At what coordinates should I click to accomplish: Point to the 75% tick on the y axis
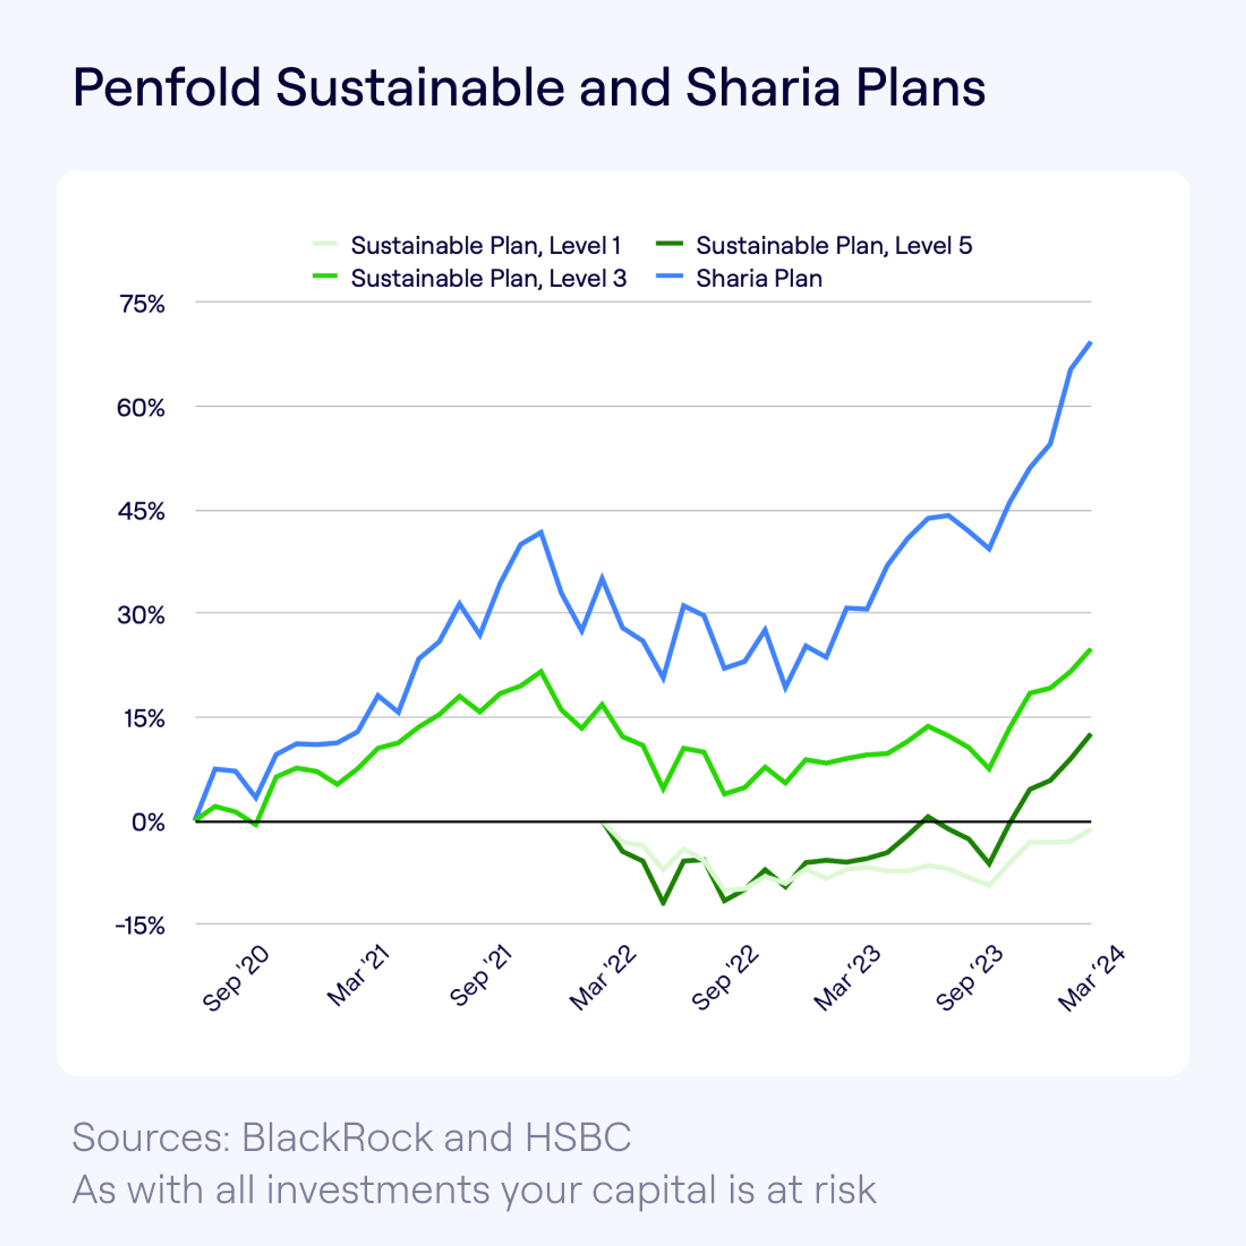(x=142, y=304)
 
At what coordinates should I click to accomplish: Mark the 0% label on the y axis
(x=148, y=822)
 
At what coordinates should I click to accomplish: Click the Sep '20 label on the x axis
(x=235, y=979)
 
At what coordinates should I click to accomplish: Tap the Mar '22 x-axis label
(x=603, y=979)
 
